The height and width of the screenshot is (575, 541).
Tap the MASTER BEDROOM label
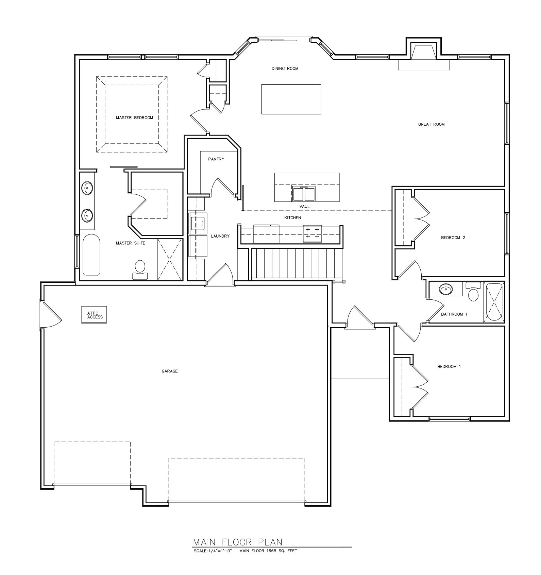click(134, 118)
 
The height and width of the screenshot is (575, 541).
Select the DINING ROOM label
click(285, 69)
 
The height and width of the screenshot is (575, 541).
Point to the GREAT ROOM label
click(431, 124)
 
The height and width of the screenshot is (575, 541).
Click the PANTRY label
click(216, 159)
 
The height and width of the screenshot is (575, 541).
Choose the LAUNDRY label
click(220, 236)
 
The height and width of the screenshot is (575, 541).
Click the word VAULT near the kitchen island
click(306, 207)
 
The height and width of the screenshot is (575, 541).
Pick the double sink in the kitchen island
click(304, 194)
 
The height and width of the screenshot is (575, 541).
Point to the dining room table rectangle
click(291, 99)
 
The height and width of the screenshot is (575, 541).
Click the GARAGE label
click(170, 371)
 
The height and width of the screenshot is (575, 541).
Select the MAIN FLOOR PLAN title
click(238, 542)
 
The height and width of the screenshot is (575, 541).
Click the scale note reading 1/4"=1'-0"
click(213, 551)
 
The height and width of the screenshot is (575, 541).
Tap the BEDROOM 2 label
click(453, 238)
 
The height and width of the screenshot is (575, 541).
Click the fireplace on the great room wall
click(424, 54)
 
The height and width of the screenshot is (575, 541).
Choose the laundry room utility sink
click(198, 224)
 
